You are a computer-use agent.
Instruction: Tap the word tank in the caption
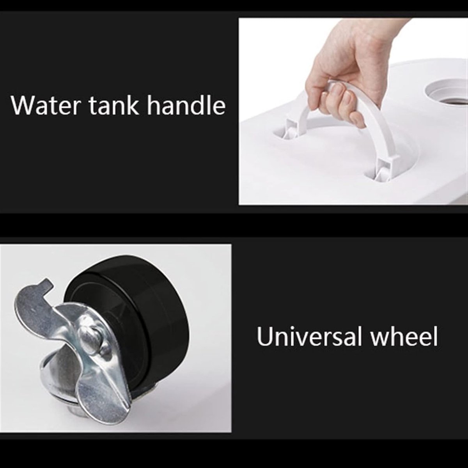point(114,105)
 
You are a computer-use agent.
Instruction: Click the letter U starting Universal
point(264,336)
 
